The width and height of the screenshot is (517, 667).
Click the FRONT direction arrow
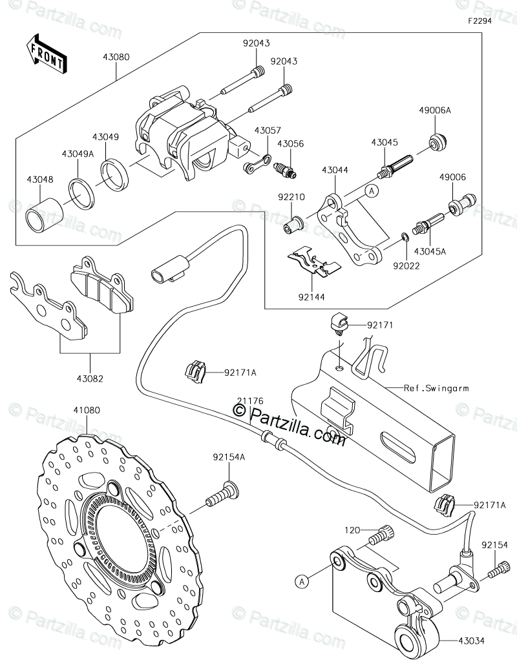[46, 54]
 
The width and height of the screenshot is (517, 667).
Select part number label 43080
[115, 57]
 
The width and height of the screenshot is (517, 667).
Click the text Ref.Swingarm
[436, 389]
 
